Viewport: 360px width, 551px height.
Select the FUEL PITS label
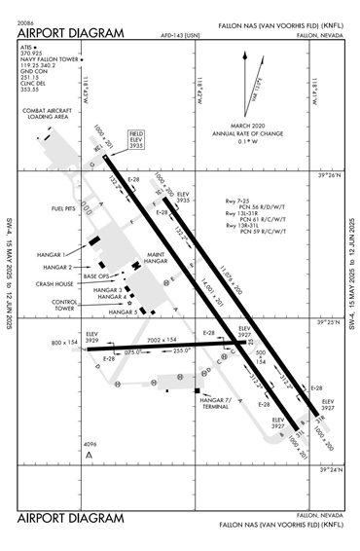[65, 208]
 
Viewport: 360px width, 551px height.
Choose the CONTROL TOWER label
[65, 306]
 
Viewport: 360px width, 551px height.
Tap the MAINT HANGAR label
[156, 259]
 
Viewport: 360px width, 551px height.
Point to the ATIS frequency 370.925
[32, 54]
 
